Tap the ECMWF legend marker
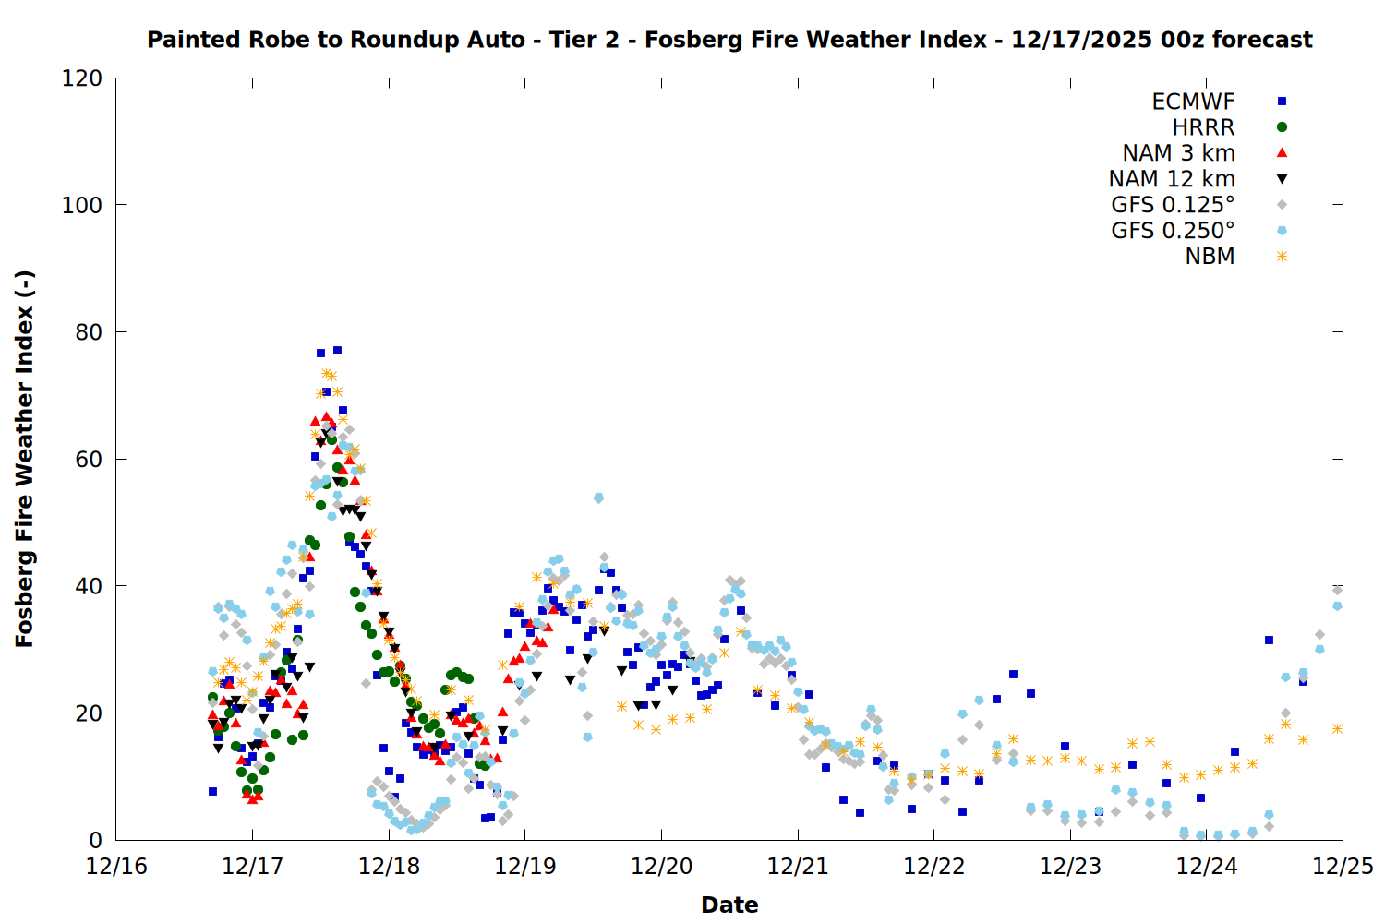click(1282, 102)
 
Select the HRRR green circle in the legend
click(1282, 127)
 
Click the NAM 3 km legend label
click(1178, 153)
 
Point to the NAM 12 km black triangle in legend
click(1282, 179)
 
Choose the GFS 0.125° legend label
click(1173, 205)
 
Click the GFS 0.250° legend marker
click(1282, 231)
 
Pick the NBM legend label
click(1210, 257)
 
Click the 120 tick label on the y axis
click(82, 78)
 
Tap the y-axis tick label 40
click(89, 586)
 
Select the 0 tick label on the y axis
click(95, 840)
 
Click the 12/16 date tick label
click(116, 867)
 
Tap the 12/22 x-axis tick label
click(934, 867)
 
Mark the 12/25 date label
click(1343, 867)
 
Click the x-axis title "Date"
click(729, 905)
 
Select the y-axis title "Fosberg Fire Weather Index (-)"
click(25, 459)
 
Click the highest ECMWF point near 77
click(338, 351)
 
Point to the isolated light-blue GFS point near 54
click(598, 497)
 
